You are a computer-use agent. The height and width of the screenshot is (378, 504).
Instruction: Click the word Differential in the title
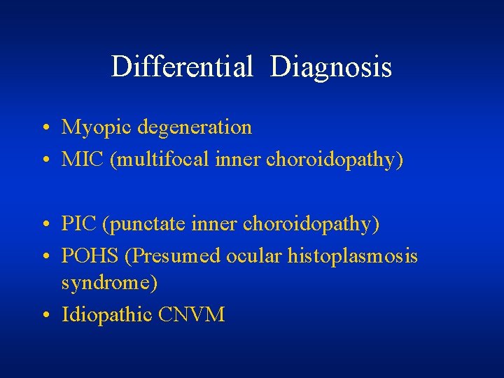tap(181, 67)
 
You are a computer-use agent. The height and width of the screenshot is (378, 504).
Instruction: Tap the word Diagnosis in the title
tap(330, 67)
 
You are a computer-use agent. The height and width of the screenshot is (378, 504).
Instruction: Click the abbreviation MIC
tap(81, 160)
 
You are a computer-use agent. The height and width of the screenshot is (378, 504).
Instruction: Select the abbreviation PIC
tap(78, 224)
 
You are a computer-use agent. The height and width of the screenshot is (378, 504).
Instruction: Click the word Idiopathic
tap(107, 315)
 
